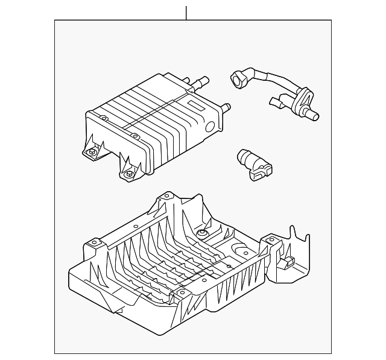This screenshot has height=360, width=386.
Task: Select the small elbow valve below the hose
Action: (256, 163)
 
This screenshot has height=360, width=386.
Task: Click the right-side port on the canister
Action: (226, 109)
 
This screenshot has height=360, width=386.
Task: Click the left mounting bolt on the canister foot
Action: (92, 153)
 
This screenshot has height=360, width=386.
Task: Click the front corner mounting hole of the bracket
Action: (180, 294)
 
